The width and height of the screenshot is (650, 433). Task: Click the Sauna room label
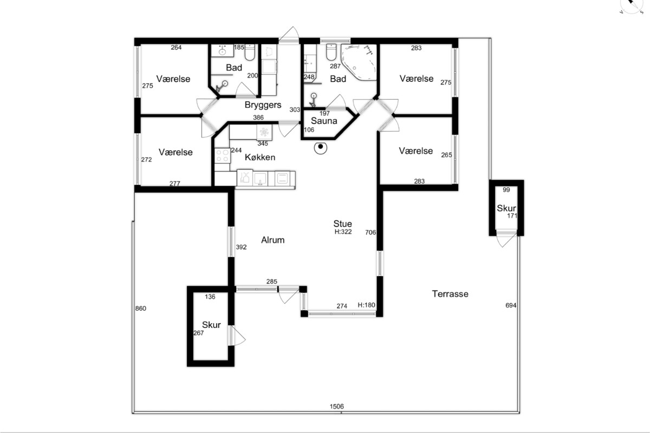(x=324, y=121)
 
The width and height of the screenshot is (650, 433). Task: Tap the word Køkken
(x=260, y=157)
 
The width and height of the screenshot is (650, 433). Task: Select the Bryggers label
(x=263, y=105)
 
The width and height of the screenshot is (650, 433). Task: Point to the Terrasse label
(x=450, y=294)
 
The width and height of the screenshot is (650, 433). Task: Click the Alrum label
(x=273, y=240)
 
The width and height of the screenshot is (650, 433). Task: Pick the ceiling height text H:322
(x=343, y=232)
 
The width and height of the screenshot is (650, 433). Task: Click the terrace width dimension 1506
(x=336, y=406)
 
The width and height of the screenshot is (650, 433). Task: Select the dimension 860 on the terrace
(x=141, y=309)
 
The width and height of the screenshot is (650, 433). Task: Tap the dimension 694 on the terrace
(x=511, y=305)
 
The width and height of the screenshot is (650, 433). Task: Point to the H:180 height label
(x=367, y=305)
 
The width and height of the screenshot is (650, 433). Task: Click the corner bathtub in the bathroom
(x=359, y=62)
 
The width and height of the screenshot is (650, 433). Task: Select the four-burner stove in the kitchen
(x=222, y=155)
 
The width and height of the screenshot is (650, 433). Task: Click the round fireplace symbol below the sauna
(x=320, y=148)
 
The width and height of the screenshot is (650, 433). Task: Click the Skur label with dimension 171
(x=506, y=208)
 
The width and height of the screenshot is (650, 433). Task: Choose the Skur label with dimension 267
(x=211, y=325)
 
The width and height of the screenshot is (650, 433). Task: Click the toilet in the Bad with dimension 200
(x=250, y=52)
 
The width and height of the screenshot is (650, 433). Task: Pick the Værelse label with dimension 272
(x=175, y=152)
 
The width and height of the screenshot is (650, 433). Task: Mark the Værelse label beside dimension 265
(x=416, y=151)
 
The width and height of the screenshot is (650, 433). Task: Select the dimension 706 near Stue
(x=370, y=232)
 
